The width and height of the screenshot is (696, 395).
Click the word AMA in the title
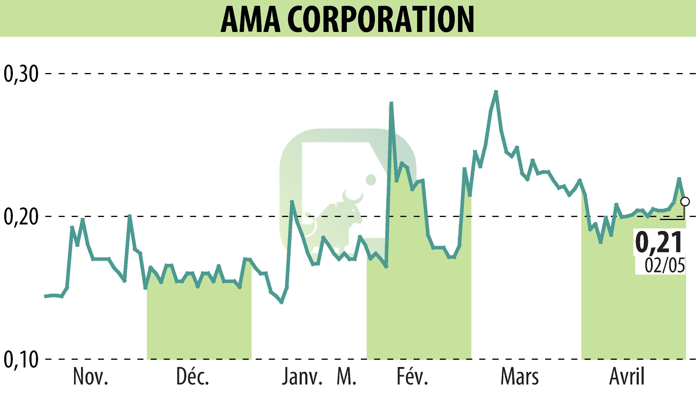pyautogui.click(x=250, y=19)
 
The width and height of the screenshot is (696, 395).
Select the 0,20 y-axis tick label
pyautogui.click(x=21, y=217)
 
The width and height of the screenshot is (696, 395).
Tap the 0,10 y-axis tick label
pyautogui.click(x=21, y=360)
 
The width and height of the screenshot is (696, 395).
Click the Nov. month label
pyautogui.click(x=91, y=377)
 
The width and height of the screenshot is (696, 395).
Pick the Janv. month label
pyautogui.click(x=302, y=377)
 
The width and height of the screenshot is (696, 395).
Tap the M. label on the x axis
pyautogui.click(x=347, y=377)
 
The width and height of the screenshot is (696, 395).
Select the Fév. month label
pyautogui.click(x=412, y=377)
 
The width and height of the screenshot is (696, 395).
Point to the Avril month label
pyautogui.click(x=627, y=377)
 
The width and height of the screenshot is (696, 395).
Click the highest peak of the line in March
pyautogui.click(x=496, y=91)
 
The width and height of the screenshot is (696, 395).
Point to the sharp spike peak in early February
pyautogui.click(x=391, y=103)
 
